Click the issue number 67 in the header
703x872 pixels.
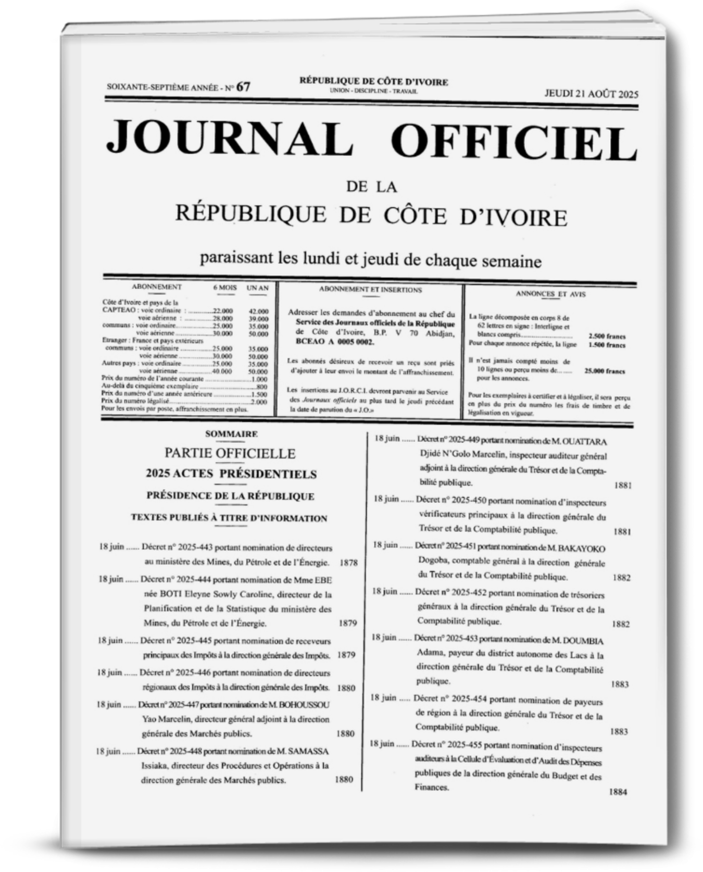click(243, 86)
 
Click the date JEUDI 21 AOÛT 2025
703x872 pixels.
click(591, 94)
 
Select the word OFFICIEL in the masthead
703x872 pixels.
click(514, 142)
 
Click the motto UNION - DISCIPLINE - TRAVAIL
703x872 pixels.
click(373, 91)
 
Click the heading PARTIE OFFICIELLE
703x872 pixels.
click(230, 453)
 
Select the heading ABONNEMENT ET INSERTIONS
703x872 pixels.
click(370, 290)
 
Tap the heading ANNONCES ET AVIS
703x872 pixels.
click(550, 294)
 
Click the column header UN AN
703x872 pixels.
click(258, 288)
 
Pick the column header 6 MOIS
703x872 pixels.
click(224, 287)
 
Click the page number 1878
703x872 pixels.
click(348, 563)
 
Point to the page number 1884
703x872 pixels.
click(618, 792)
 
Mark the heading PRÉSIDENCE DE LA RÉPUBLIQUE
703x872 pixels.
click(230, 496)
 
